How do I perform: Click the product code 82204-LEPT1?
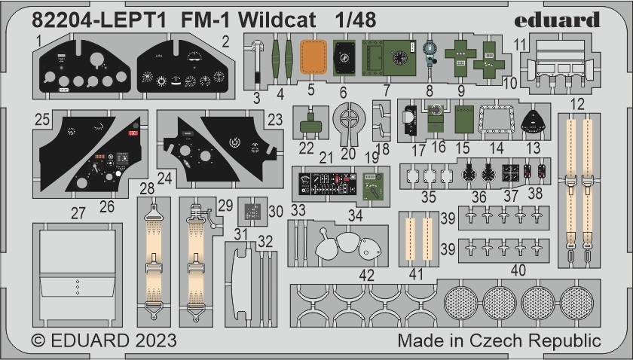point(82,20)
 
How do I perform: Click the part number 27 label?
point(78,214)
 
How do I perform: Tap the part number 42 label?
point(366,276)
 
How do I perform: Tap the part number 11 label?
point(520,44)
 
